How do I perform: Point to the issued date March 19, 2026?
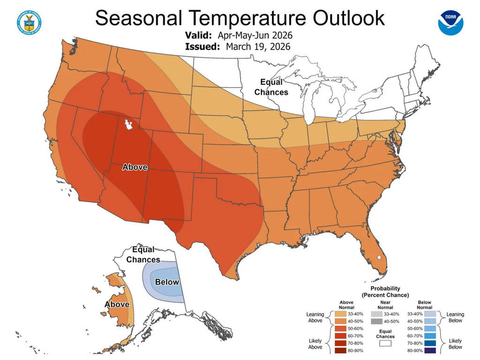point(258,46)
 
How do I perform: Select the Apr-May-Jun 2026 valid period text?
point(255,36)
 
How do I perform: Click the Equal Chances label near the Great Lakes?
point(271,87)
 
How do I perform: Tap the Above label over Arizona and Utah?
point(135,167)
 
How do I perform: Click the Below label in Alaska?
point(167,282)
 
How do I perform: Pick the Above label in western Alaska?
point(117,304)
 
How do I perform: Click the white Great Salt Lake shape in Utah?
point(127,125)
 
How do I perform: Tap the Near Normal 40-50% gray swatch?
point(375,322)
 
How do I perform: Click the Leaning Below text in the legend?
point(455,317)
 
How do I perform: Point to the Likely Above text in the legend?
point(315,344)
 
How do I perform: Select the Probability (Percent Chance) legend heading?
point(385,292)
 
